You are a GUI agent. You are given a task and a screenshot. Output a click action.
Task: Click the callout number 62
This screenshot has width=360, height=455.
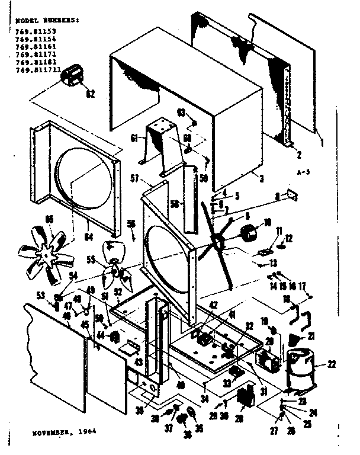(91, 93)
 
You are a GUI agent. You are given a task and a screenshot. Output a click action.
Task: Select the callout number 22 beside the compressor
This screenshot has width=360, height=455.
(332, 363)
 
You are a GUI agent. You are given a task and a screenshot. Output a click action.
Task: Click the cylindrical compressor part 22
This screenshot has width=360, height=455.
(300, 369)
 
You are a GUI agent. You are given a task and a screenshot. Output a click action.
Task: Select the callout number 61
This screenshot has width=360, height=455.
(134, 138)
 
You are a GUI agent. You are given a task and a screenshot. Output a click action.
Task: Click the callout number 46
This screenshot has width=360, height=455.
(66, 317)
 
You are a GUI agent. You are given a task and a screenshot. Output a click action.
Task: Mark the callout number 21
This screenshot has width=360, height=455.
(312, 337)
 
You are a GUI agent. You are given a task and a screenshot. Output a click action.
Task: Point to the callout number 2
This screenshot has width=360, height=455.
(299, 155)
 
